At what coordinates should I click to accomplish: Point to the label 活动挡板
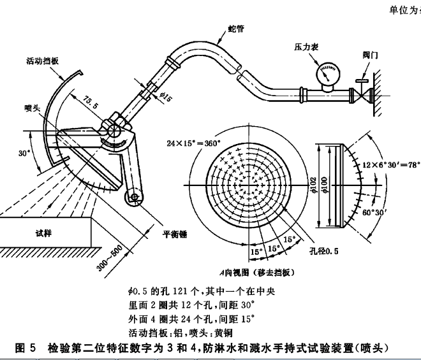[43, 62]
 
